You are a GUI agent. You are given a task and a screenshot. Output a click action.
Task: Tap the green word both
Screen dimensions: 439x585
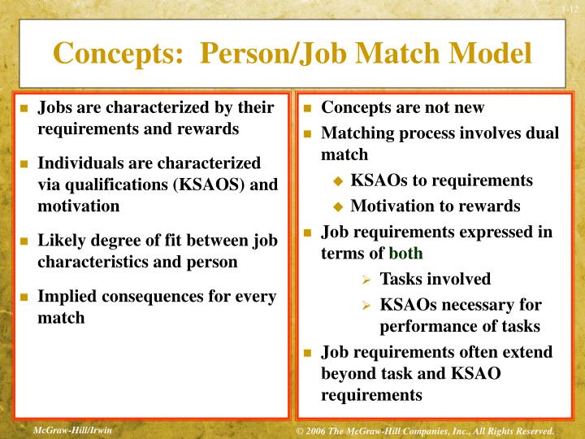tap(405, 254)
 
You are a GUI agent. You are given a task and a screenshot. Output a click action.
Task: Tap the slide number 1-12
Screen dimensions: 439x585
tap(568, 9)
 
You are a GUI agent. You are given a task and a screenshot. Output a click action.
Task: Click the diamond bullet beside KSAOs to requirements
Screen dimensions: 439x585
tap(339, 181)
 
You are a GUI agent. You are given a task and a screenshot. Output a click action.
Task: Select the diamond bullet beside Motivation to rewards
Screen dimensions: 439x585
tap(339, 207)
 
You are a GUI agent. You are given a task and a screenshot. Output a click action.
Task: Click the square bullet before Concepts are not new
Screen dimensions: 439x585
tap(309, 108)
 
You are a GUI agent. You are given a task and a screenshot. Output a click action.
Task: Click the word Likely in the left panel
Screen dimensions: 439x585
tap(62, 241)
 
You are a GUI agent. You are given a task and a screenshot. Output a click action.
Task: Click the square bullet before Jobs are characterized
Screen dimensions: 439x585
tap(24, 108)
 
